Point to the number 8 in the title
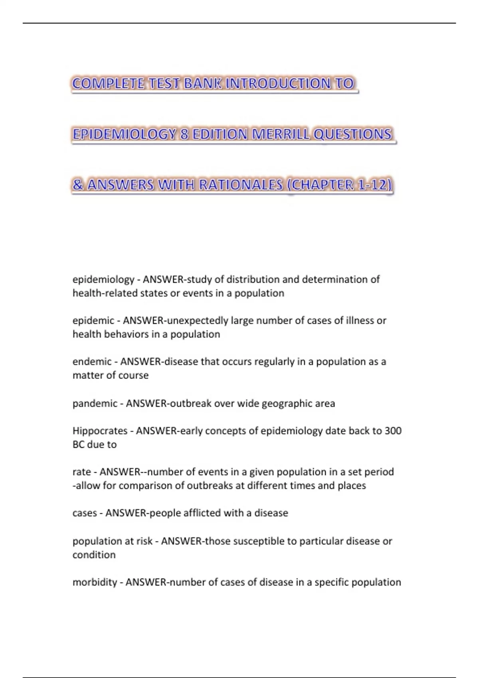[184, 134]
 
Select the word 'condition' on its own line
[94, 555]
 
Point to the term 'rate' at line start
[81, 472]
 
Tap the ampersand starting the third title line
[78, 185]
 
